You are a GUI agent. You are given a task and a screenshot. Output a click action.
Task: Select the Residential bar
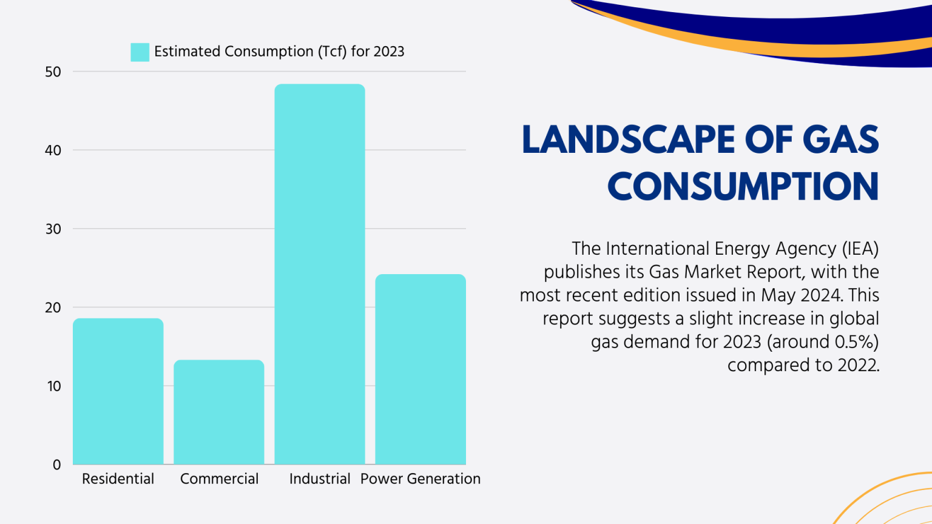point(118,391)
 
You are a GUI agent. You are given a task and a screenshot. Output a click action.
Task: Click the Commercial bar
point(219,412)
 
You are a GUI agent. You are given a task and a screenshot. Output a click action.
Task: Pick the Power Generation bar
point(420,369)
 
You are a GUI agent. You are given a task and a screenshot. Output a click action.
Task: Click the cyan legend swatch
point(140,52)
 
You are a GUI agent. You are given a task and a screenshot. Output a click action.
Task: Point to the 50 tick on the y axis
point(53,72)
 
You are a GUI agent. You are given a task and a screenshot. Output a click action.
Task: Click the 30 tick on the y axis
point(53,229)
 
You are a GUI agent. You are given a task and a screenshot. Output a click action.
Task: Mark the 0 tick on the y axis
point(56,465)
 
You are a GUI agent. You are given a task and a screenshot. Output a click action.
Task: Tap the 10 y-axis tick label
point(53,386)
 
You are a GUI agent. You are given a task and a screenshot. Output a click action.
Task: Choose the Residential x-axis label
point(118,479)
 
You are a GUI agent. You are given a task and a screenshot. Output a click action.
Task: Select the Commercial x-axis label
point(219,479)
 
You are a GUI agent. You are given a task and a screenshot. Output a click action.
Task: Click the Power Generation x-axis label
point(420,479)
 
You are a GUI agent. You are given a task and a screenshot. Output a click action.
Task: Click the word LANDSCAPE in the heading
point(629,139)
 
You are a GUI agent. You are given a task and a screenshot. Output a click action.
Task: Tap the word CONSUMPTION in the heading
point(743,186)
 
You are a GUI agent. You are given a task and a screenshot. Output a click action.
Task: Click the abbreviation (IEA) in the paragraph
point(860,249)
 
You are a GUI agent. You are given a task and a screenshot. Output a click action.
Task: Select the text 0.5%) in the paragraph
point(856,342)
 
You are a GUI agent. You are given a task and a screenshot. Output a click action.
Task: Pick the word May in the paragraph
point(778,295)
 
